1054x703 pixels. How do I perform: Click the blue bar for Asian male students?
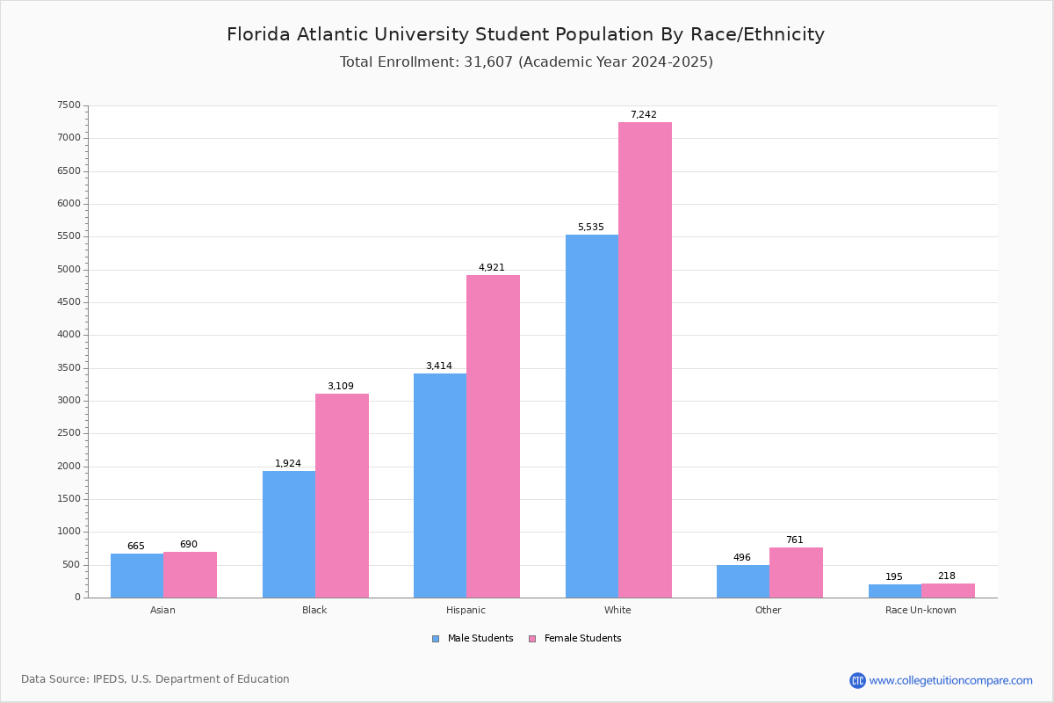(137, 576)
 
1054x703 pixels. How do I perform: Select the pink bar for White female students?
(645, 360)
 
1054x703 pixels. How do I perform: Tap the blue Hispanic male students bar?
(440, 485)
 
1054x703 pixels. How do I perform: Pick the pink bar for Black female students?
(342, 496)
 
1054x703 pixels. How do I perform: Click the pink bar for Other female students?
(796, 572)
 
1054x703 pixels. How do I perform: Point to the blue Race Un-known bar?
(894, 591)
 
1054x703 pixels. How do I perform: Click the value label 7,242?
(643, 115)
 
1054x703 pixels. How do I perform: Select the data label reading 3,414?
(438, 366)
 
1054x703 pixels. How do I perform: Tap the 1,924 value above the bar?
(287, 464)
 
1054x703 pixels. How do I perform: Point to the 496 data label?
(742, 558)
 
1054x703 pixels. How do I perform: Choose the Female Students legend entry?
(575, 639)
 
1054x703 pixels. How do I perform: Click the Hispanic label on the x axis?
(466, 610)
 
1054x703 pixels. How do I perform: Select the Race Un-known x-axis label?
(920, 610)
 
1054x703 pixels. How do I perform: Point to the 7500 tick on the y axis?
(69, 105)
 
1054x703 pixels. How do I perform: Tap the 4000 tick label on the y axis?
(69, 335)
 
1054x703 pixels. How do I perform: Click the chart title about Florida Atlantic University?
(525, 35)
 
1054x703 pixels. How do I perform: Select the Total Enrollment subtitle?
(526, 62)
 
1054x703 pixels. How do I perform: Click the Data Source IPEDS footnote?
(155, 679)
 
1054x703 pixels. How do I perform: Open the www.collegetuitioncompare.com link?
(950, 680)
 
